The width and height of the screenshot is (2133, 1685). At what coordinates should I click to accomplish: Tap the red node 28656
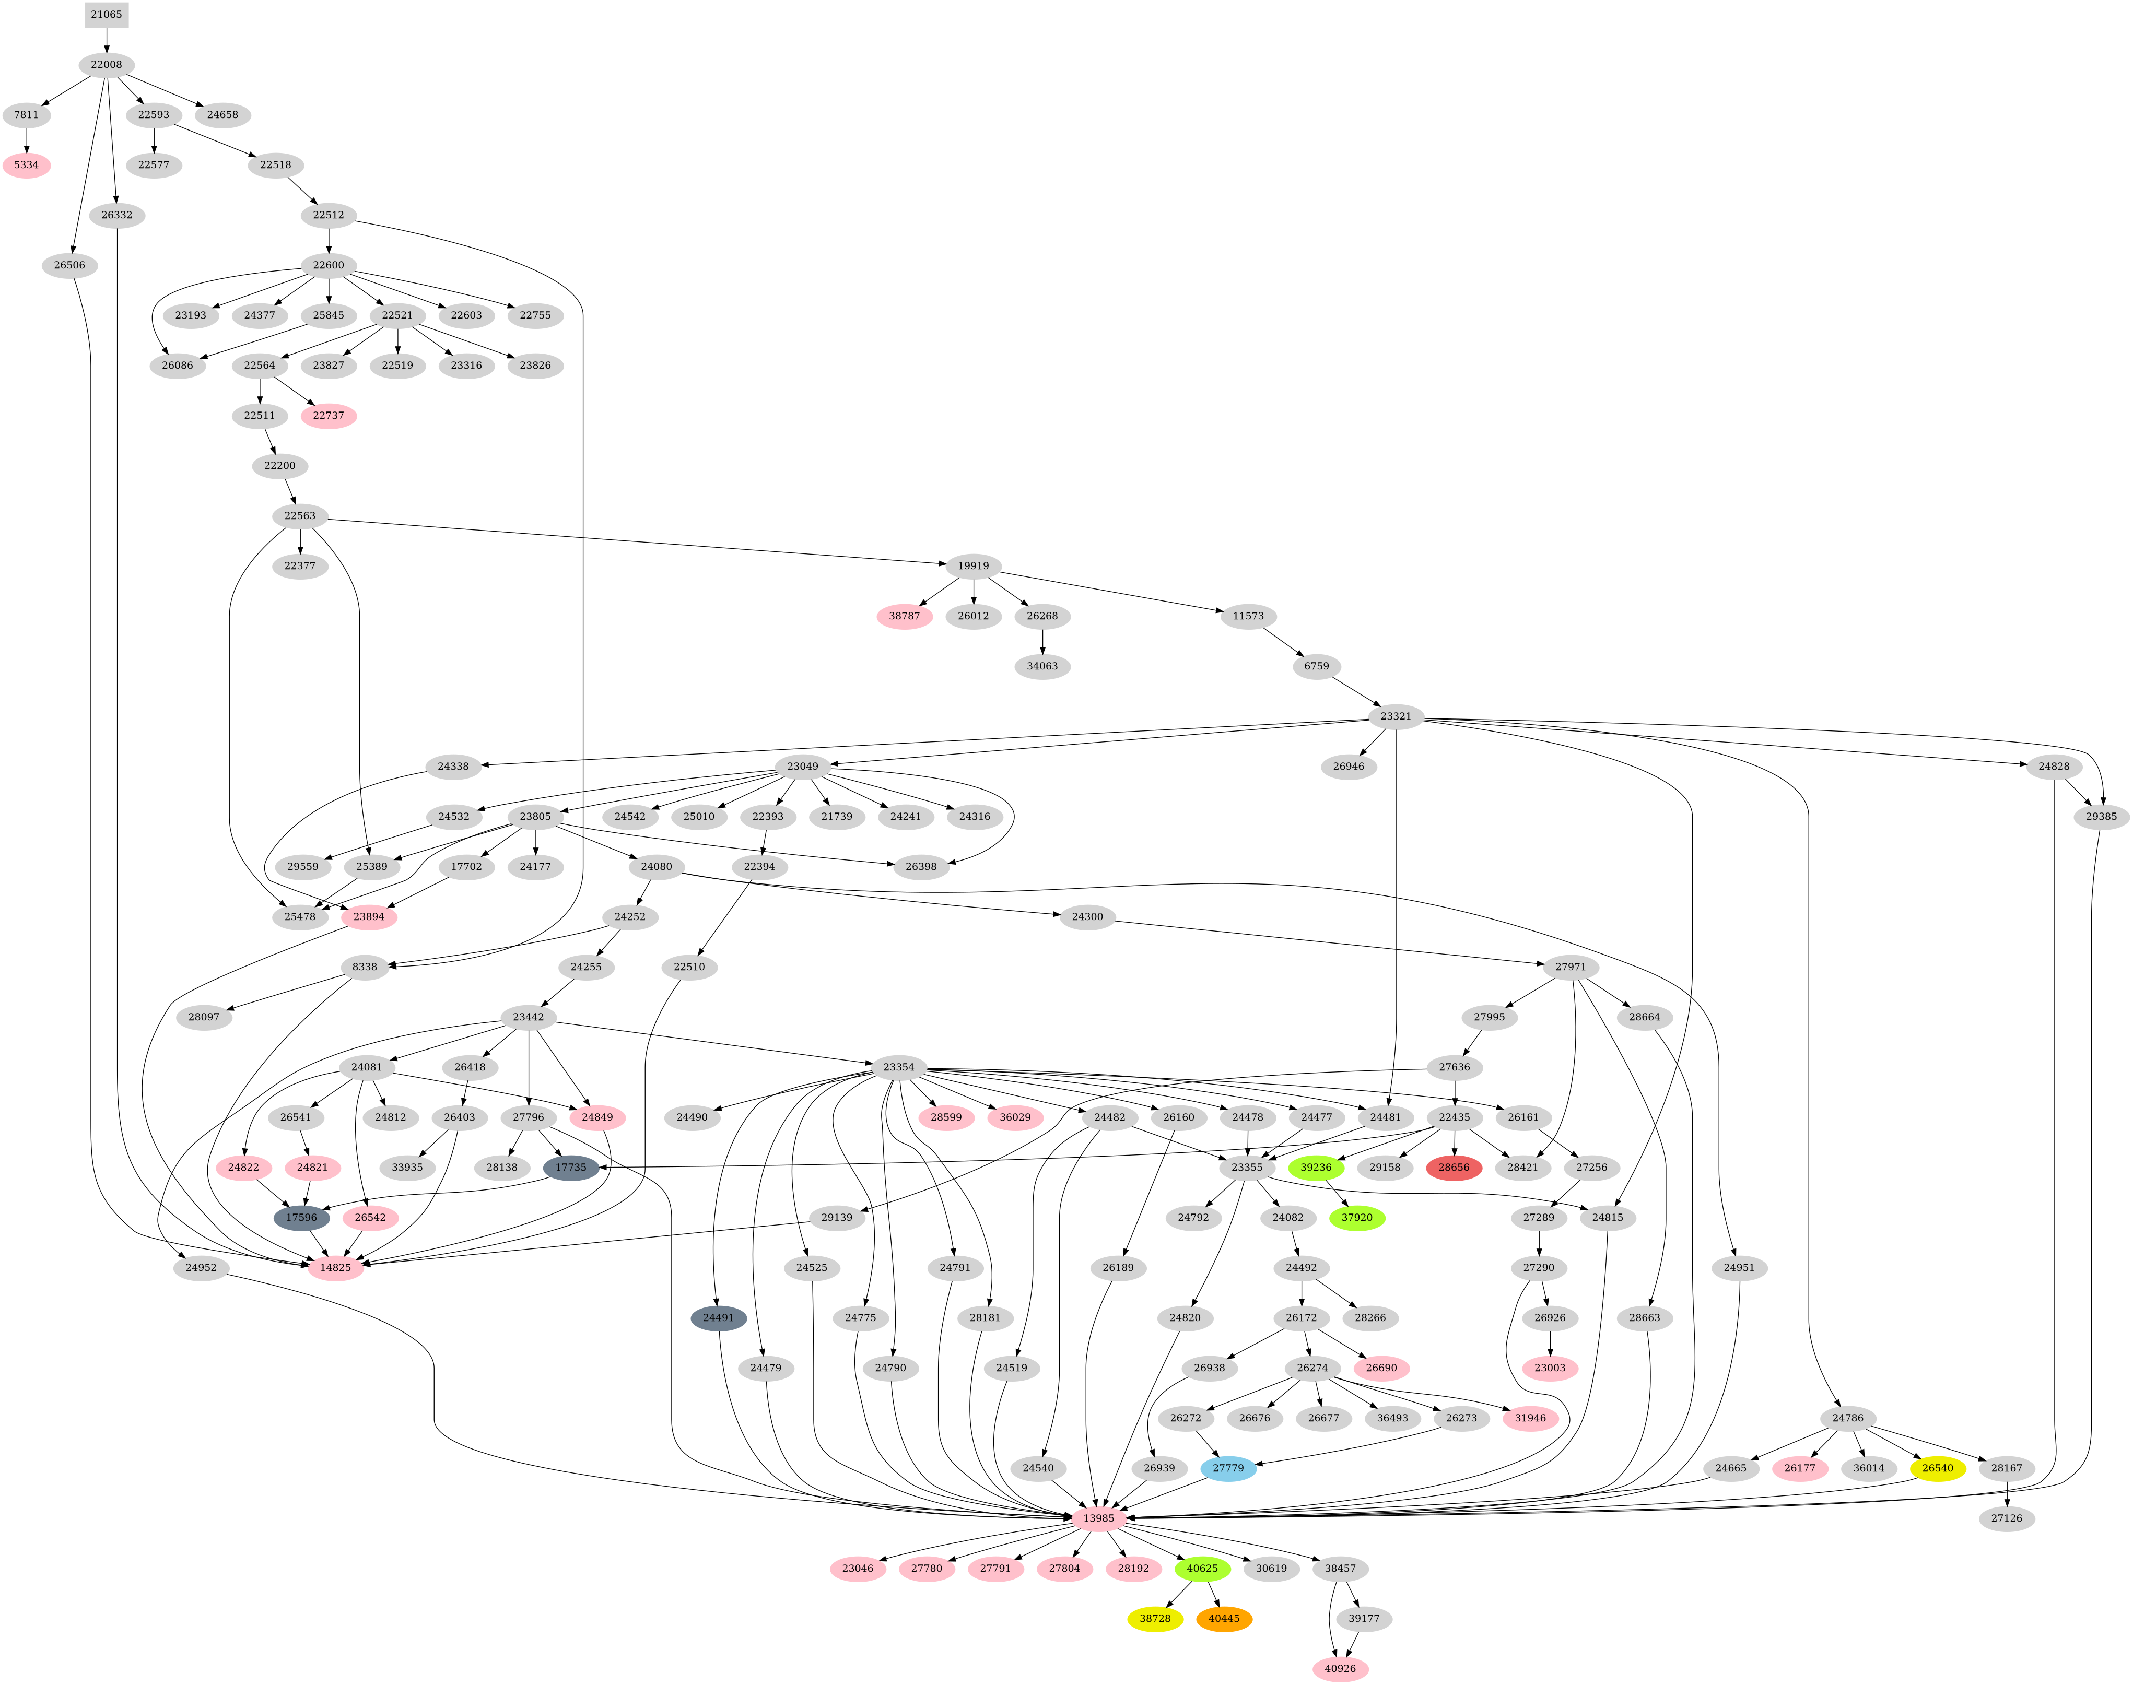(x=1453, y=1167)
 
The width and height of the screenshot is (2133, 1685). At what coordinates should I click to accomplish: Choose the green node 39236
(x=1316, y=1167)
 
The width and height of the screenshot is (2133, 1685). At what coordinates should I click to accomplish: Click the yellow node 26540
(x=1937, y=1468)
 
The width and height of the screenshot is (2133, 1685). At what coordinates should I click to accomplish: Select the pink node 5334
(x=27, y=165)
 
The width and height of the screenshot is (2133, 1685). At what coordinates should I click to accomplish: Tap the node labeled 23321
(x=1395, y=716)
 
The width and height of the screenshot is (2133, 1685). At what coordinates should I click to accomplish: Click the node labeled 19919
(x=973, y=565)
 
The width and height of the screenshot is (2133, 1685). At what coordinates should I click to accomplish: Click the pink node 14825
(x=335, y=1268)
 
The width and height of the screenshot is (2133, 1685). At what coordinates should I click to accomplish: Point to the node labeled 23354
(x=898, y=1067)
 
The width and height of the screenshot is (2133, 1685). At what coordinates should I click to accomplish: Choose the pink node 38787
(x=904, y=616)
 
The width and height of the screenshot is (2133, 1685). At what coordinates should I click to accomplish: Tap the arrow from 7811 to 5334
(x=27, y=139)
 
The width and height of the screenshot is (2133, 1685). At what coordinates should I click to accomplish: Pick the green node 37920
(x=1356, y=1217)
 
